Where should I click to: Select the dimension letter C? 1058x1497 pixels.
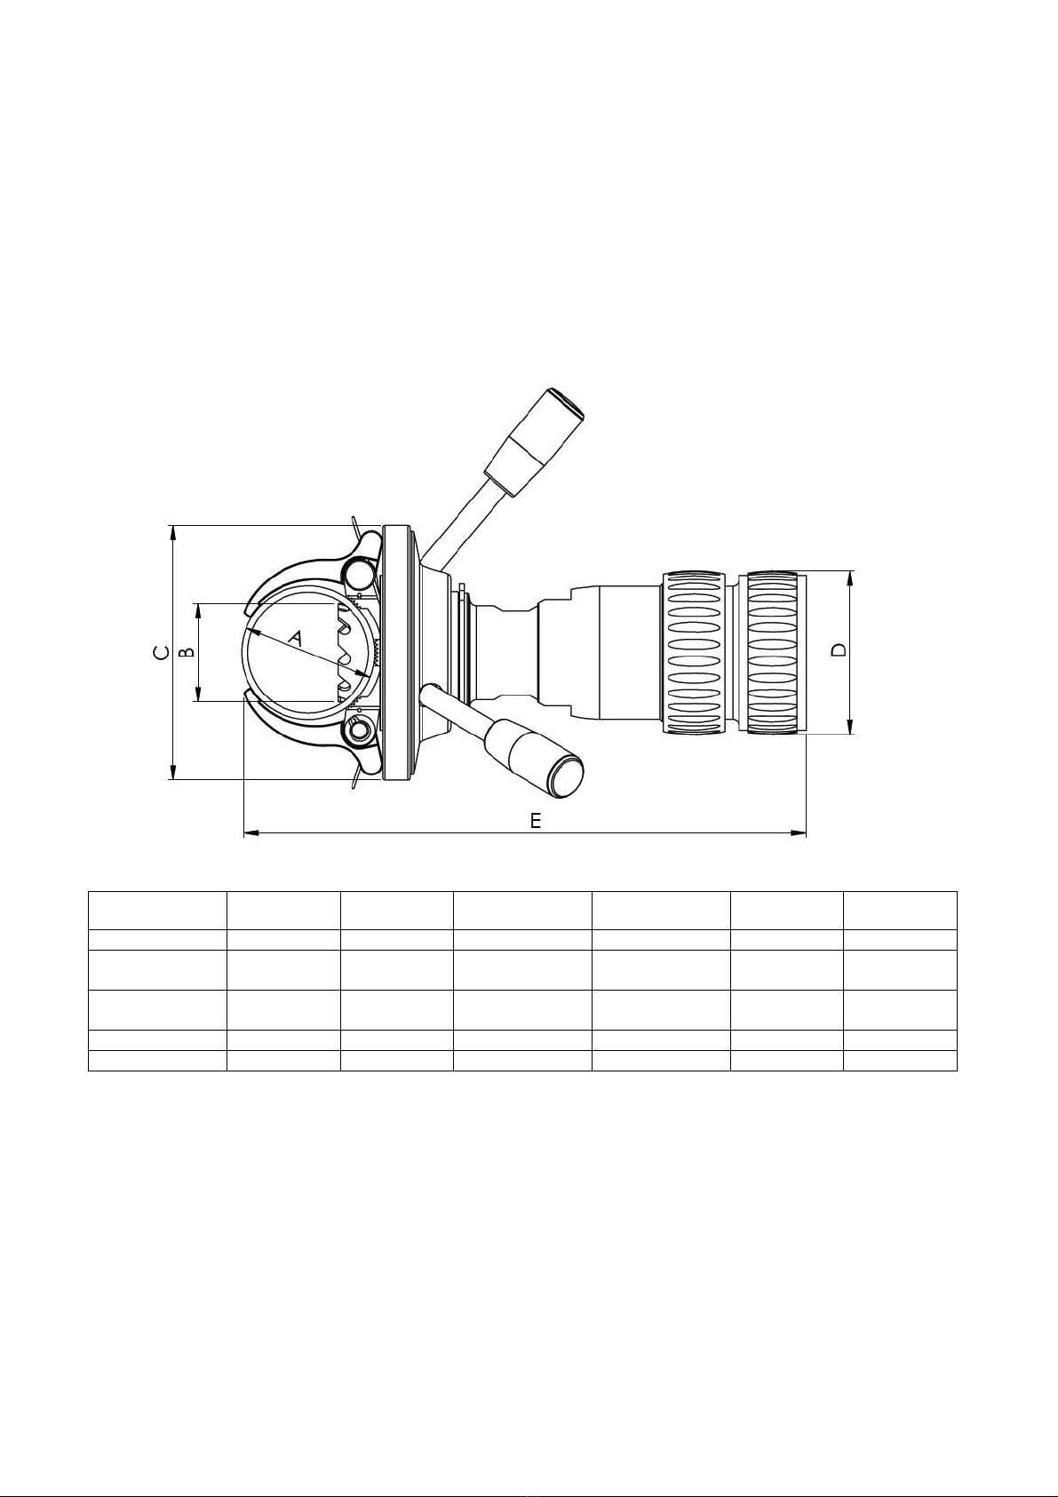161,652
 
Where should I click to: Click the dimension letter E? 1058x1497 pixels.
536,821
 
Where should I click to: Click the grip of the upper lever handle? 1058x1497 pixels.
535,441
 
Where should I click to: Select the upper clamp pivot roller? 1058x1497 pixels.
358,572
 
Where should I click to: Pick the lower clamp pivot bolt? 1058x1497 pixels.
358,731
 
